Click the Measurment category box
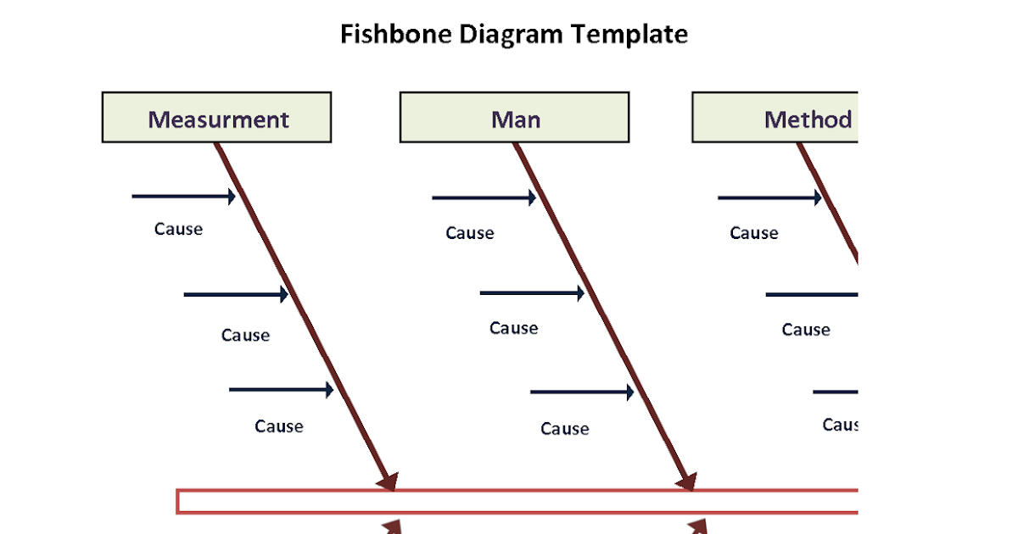coord(216,118)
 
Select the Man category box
coord(514,118)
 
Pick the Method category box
coord(775,118)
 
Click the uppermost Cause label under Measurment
coord(178,229)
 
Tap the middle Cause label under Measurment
coord(245,335)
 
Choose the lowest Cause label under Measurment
coord(278,426)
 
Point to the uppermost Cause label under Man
coord(469,233)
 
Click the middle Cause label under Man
coord(513,328)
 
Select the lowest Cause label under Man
coord(564,429)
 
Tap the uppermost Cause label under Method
coord(753,233)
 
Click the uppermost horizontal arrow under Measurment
coord(183,197)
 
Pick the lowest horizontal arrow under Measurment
coord(281,390)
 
